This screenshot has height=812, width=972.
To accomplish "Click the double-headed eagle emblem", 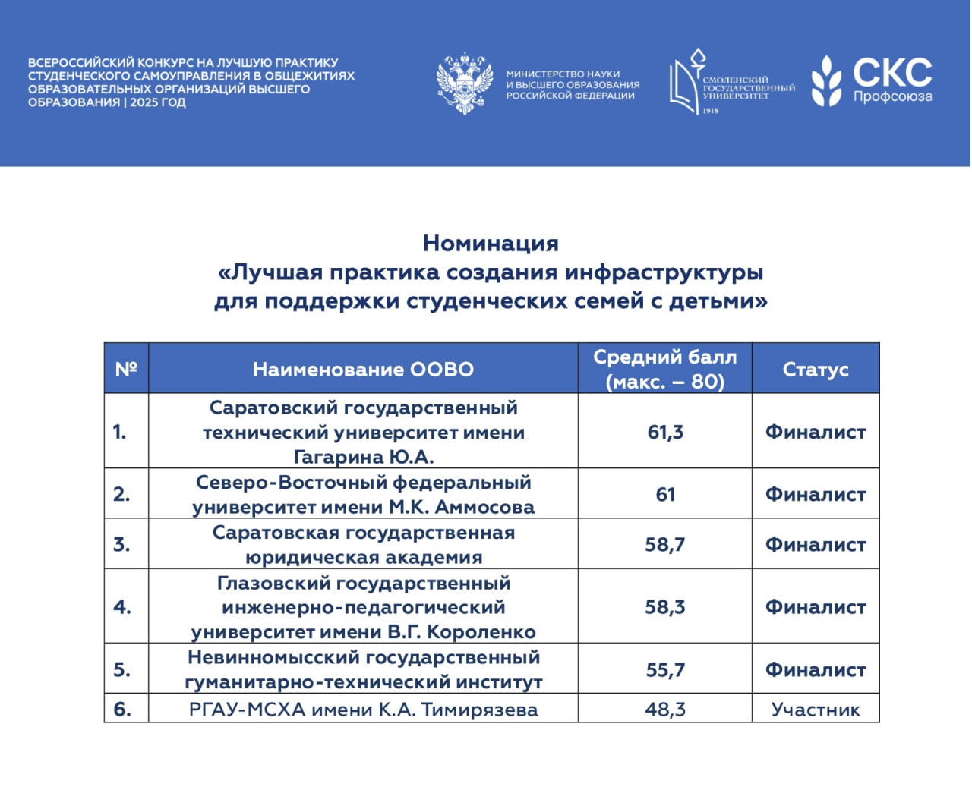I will [x=463, y=83].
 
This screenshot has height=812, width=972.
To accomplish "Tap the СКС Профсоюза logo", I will [x=872, y=81].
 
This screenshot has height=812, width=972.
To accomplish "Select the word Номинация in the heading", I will [x=491, y=243].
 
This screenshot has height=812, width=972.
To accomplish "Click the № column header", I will [x=126, y=369].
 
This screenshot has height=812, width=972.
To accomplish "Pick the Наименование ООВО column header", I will [x=363, y=369].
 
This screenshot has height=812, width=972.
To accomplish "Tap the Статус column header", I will [x=816, y=369].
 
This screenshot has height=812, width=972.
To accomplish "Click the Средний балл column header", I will [x=664, y=369].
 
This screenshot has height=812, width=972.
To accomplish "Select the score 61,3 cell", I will [x=665, y=432].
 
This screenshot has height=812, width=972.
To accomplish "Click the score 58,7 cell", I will [x=665, y=544].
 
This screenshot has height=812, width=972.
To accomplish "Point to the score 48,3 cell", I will [x=665, y=710].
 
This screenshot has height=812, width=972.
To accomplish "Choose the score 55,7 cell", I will [x=665, y=669].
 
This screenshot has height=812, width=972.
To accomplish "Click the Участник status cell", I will [x=816, y=710].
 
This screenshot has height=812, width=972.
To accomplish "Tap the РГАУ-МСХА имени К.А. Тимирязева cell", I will [x=363, y=710].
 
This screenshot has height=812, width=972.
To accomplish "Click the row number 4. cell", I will [x=122, y=607].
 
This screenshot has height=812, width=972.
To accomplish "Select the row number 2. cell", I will [x=122, y=494].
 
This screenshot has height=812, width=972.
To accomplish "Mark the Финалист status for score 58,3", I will [x=816, y=607].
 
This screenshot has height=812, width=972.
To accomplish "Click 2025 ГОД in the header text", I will [x=158, y=102].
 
